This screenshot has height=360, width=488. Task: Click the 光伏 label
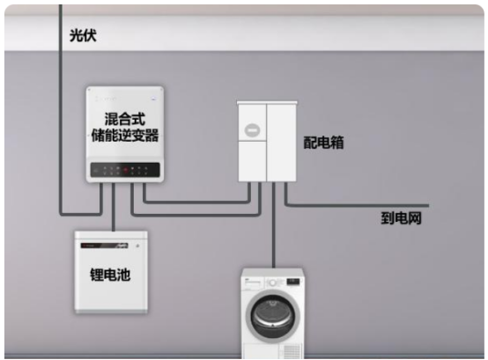tap(83, 35)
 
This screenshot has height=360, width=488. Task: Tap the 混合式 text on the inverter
tap(125, 119)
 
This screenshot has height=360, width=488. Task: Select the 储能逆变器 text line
tap(125, 136)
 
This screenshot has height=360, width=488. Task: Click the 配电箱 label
tap(323, 143)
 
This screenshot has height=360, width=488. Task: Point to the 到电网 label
tap(401, 218)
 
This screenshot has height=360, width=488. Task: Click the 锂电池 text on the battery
tap(110, 275)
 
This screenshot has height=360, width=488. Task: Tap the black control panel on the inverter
tap(125, 170)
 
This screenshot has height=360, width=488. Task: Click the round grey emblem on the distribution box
tap(253, 130)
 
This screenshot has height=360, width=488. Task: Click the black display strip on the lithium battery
tap(104, 246)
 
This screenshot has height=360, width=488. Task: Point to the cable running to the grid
tap(358, 205)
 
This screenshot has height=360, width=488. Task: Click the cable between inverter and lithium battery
tap(114, 207)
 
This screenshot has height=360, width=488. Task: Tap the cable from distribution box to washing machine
tap(274, 225)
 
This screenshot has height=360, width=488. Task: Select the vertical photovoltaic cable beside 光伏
tap(61, 109)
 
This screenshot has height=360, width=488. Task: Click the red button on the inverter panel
tap(125, 170)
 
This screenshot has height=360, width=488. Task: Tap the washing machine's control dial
tap(273, 283)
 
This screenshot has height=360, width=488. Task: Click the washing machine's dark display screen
tap(292, 282)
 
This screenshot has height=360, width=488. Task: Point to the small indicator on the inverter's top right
tap(152, 99)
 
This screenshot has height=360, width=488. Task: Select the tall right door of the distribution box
tap(281, 143)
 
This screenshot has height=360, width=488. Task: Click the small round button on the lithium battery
tap(137, 246)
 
